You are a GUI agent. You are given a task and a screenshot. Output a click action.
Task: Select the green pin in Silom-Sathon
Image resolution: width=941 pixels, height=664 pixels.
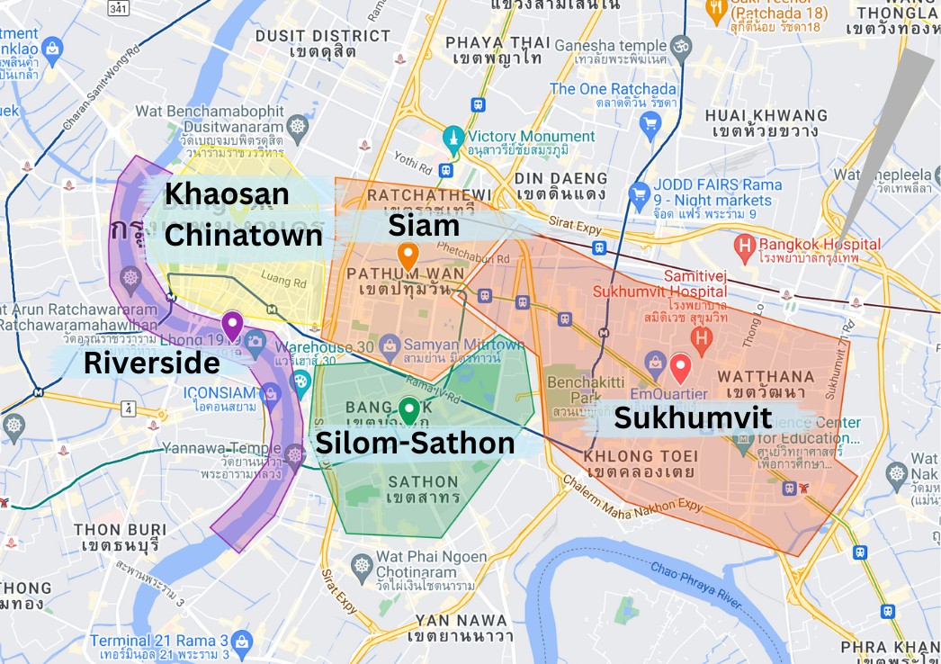[409, 410]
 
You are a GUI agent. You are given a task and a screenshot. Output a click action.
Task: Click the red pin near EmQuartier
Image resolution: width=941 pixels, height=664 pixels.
[680, 367]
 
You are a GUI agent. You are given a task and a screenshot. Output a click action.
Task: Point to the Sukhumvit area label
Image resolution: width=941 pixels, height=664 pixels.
[693, 417]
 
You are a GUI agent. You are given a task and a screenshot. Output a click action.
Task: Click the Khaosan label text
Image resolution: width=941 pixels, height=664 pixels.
[227, 193]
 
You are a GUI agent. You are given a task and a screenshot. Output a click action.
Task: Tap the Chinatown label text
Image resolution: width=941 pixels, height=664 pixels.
[244, 235]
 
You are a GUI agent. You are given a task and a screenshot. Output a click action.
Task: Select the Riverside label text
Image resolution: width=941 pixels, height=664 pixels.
[151, 363]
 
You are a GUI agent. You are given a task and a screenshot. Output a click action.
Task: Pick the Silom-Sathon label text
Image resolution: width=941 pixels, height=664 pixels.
[414, 443]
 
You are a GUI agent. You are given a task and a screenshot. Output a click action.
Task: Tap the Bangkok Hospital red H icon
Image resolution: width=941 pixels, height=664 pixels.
[744, 244]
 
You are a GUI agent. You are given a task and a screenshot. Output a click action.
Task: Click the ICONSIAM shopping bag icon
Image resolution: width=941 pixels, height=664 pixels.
[268, 392]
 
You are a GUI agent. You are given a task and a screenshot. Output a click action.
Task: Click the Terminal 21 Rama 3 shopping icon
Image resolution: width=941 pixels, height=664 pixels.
[241, 641]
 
